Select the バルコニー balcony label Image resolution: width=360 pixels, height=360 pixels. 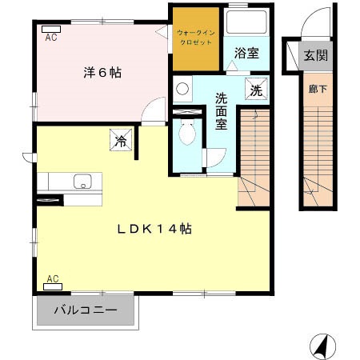pos(86,310)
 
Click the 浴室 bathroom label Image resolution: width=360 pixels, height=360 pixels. pos(246,54)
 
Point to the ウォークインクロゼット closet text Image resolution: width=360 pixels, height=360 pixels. pos(196,37)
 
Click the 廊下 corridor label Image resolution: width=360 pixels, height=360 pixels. pos(318,89)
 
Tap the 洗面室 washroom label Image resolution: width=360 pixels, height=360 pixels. pos(222,111)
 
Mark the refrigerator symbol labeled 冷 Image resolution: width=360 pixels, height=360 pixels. pos(121,142)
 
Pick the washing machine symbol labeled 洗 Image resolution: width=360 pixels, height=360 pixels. pos(256,90)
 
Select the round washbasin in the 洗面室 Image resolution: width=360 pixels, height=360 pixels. pos(182,89)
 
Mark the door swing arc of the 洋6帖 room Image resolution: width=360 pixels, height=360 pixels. pos(152,112)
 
